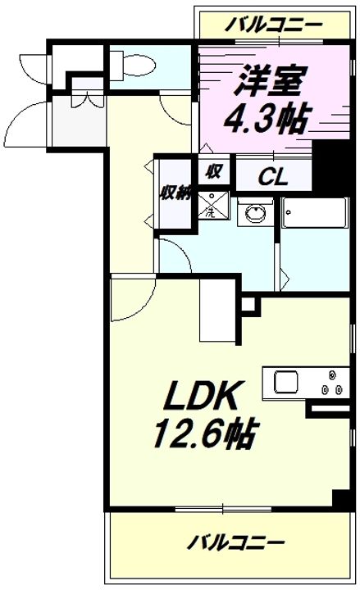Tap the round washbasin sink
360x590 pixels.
point(255,213)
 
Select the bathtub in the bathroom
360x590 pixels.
point(315,212)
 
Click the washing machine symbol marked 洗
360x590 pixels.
point(213,205)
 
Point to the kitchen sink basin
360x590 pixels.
point(286,382)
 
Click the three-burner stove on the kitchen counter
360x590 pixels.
point(332,384)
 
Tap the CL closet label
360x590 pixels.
point(274,177)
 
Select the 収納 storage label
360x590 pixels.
point(176,193)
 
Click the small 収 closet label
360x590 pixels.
point(213,172)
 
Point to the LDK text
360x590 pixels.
point(201,396)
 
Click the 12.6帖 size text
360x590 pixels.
point(206,433)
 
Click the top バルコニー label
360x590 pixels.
point(274,25)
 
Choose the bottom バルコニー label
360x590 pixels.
point(235,542)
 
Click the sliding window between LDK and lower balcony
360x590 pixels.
point(223,509)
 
